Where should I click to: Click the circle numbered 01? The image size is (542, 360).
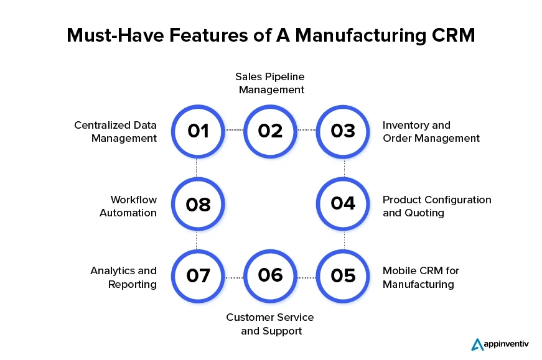tap(198, 131)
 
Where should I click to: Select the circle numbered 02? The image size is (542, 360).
tap(271, 131)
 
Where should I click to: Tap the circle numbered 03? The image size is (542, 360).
tap(343, 131)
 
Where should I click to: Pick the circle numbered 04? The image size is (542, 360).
tap(343, 203)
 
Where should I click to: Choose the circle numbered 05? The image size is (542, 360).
tap(343, 275)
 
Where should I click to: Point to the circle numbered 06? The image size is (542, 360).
tap(271, 275)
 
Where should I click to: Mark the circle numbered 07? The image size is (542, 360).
tap(198, 275)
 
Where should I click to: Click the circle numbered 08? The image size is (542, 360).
tap(198, 203)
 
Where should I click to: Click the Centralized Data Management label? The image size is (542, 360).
tap(115, 132)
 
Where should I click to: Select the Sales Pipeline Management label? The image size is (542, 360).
tap(270, 83)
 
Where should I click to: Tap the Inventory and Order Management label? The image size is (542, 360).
tap(431, 132)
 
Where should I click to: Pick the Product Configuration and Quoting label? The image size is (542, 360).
tap(436, 206)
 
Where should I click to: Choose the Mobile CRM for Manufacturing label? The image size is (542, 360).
tap(421, 277)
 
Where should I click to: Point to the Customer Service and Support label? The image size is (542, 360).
tap(270, 324)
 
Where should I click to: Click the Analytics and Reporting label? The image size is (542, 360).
tap(123, 277)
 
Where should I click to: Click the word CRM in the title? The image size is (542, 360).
tap(453, 35)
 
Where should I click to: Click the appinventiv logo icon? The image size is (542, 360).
tap(477, 344)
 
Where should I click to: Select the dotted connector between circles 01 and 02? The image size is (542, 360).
tap(234, 130)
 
